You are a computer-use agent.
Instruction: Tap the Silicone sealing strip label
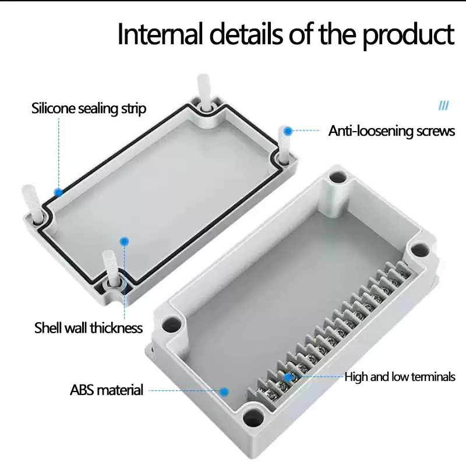point(89,108)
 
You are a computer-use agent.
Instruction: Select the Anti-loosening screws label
point(391,131)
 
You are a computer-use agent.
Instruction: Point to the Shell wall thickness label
point(89,328)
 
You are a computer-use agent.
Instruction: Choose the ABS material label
point(107,390)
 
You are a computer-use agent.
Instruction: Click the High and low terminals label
point(400,377)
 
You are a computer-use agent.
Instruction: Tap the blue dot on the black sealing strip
point(58,191)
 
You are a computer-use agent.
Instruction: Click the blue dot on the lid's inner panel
point(123,241)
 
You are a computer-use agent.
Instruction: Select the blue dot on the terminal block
point(288,377)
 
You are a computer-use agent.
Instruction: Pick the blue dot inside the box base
point(224,393)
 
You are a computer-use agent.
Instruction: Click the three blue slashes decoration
point(444,106)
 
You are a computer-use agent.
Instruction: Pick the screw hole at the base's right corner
point(418,250)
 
